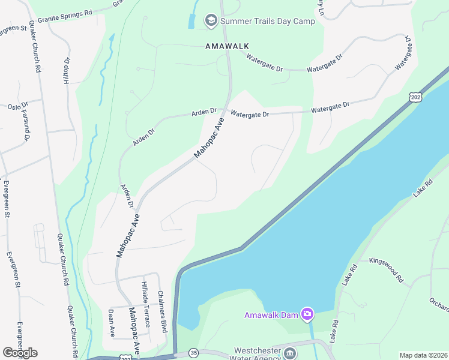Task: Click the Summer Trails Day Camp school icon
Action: (x=211, y=21)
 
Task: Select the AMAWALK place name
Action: (x=226, y=46)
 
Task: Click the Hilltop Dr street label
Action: (x=67, y=71)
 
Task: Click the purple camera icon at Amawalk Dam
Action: (x=307, y=314)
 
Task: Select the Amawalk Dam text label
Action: (x=271, y=315)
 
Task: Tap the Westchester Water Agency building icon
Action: (x=290, y=352)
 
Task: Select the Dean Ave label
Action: (x=112, y=323)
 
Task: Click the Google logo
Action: (x=20, y=353)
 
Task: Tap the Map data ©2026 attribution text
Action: (x=423, y=355)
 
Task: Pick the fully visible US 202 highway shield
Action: (x=414, y=97)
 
